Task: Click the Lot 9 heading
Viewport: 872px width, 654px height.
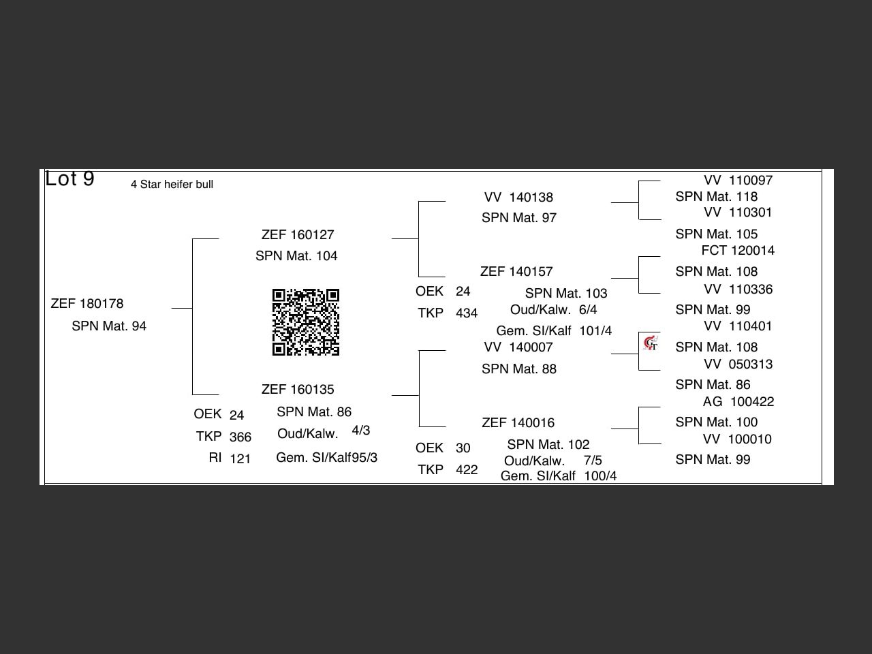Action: tap(69, 179)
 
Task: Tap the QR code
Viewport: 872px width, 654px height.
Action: tap(306, 322)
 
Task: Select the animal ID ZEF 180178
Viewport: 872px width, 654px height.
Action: tap(87, 304)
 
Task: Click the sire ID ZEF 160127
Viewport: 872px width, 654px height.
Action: tap(298, 235)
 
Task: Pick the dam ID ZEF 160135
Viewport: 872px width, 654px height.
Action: tap(298, 390)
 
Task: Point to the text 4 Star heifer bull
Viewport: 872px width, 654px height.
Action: tap(172, 185)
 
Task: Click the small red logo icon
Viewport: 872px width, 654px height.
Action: tap(651, 343)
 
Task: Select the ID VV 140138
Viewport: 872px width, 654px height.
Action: tap(518, 198)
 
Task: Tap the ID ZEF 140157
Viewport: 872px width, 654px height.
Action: tap(516, 272)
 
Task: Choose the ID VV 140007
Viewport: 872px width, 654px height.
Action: tap(518, 347)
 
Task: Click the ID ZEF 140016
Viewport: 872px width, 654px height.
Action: tap(518, 423)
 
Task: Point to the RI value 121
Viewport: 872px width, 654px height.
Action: tap(240, 459)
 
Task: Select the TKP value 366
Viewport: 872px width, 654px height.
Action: tap(240, 437)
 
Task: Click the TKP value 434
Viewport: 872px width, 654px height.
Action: tap(467, 313)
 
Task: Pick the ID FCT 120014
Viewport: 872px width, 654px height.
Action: tap(738, 251)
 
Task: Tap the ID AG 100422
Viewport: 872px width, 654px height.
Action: tap(738, 402)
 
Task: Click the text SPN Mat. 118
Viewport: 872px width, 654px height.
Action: tap(716, 197)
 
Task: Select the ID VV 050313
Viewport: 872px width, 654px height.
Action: tap(738, 364)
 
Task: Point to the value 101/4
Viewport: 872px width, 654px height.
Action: tap(595, 331)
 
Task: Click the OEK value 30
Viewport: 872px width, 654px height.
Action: tap(463, 448)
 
